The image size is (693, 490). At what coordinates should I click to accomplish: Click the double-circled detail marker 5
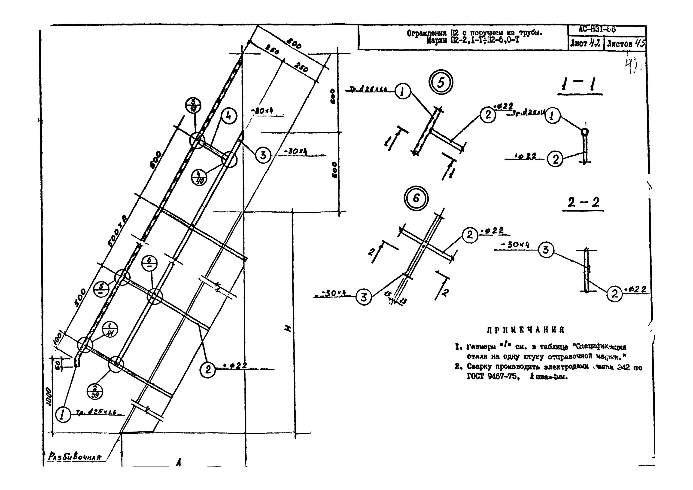click(x=441, y=83)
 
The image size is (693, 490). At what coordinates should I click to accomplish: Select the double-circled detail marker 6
click(x=416, y=198)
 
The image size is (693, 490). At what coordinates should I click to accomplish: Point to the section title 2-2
click(x=583, y=202)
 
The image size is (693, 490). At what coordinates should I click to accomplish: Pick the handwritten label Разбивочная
click(x=74, y=457)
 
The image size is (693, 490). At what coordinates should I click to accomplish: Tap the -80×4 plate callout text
click(x=262, y=111)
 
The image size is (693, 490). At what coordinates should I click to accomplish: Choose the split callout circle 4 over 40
click(x=199, y=178)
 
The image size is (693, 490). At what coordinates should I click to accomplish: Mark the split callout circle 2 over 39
click(x=95, y=392)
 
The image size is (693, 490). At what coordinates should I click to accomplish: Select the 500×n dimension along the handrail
click(x=117, y=231)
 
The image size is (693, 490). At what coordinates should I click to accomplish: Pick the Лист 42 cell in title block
click(x=586, y=43)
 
